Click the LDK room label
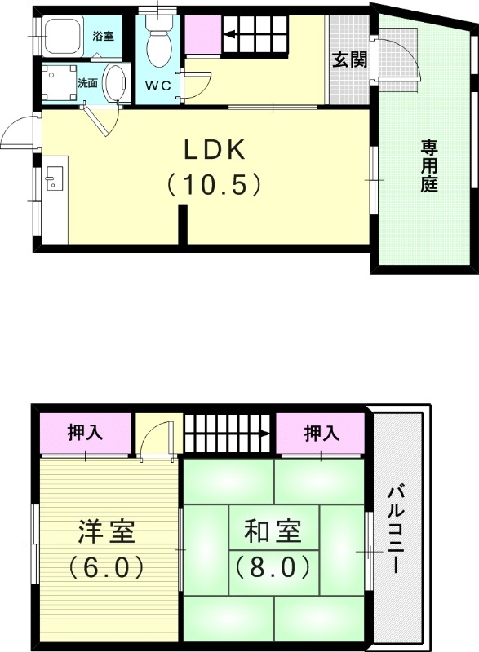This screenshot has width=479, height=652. [x=214, y=151]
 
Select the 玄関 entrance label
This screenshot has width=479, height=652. [x=348, y=59]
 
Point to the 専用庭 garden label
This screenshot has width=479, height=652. [x=429, y=165]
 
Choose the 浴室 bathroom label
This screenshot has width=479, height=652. [x=103, y=37]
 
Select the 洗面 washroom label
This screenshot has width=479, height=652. [x=87, y=83]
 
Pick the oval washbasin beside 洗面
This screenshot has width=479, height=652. [x=118, y=84]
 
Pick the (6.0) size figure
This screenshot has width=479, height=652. [x=106, y=565]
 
